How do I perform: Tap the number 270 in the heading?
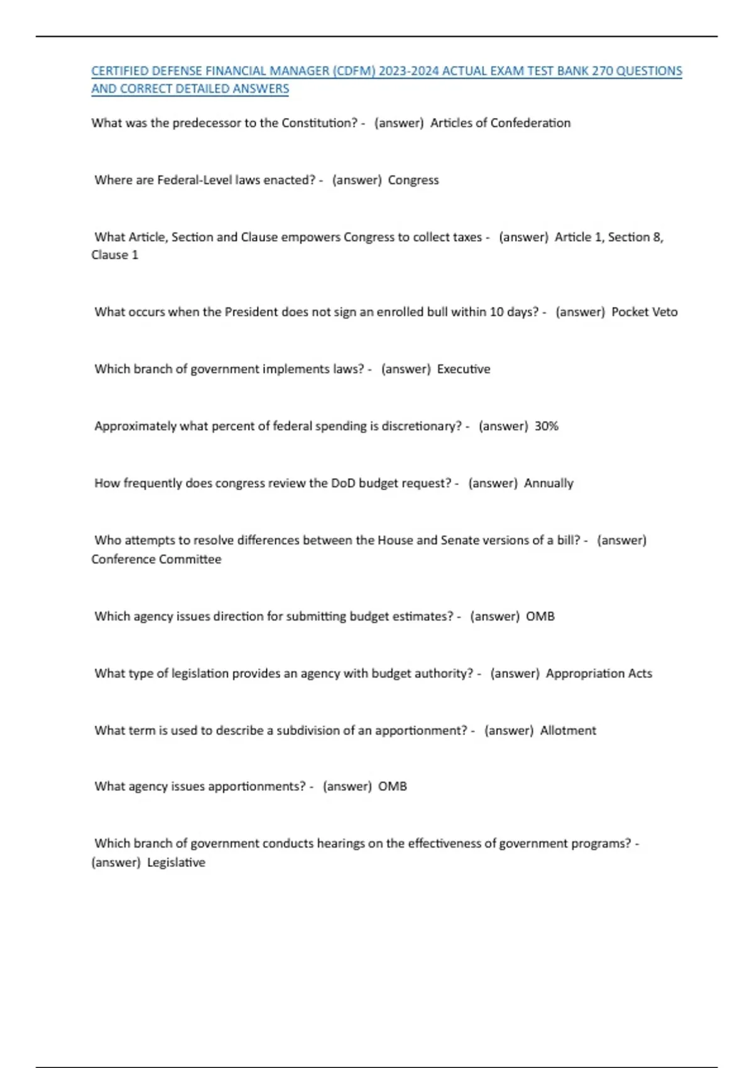pos(602,71)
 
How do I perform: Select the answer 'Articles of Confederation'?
pos(500,123)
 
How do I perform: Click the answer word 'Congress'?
pos(413,180)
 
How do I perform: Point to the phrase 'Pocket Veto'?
pos(644,312)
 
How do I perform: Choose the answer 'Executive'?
pos(463,369)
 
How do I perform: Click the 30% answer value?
pos(546,427)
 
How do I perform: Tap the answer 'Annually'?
pos(549,484)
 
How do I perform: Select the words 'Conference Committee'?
pos(156,559)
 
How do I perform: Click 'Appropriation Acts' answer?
pos(599,673)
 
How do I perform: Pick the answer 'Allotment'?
pos(568,731)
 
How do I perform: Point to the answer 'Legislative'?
pos(176,863)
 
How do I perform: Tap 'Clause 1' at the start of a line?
pos(115,255)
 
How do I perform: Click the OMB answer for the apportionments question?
pos(392,787)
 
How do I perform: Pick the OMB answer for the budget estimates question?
pos(540,616)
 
